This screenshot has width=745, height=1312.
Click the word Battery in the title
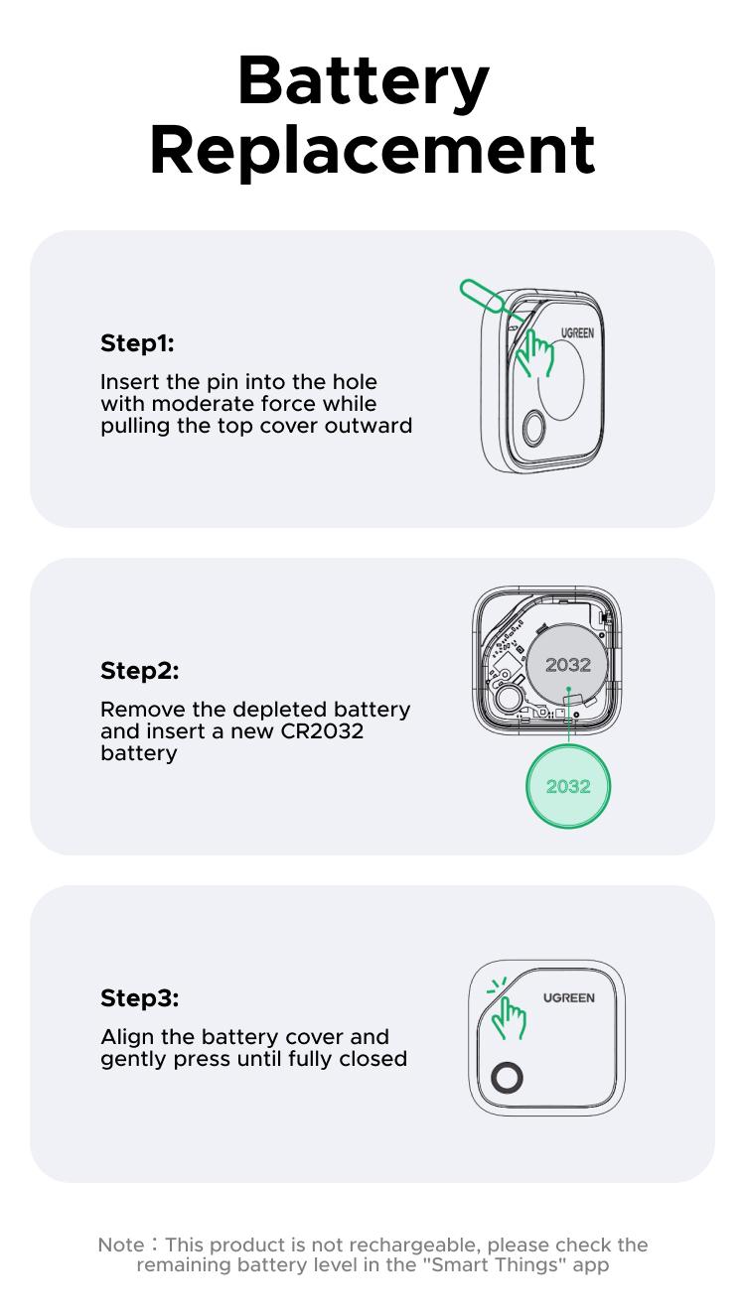pyautogui.click(x=364, y=84)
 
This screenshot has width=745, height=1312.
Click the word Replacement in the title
pyautogui.click(x=372, y=151)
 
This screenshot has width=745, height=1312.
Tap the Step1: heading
pyautogui.click(x=137, y=343)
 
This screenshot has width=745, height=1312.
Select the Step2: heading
pyautogui.click(x=139, y=671)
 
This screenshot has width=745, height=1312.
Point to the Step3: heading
pyautogui.click(x=139, y=998)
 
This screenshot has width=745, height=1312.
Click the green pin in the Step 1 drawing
pyautogui.click(x=481, y=295)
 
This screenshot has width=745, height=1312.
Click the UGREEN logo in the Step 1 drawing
pyautogui.click(x=576, y=333)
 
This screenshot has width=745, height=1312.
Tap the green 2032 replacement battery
pyautogui.click(x=567, y=787)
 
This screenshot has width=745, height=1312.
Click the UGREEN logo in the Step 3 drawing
pyautogui.click(x=569, y=998)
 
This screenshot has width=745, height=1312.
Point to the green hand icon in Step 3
pyautogui.click(x=509, y=1015)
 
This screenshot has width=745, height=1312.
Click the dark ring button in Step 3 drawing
pyautogui.click(x=507, y=1079)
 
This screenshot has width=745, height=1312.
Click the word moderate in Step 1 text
pyautogui.click(x=202, y=404)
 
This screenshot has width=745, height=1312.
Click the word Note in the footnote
pyautogui.click(x=119, y=1245)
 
